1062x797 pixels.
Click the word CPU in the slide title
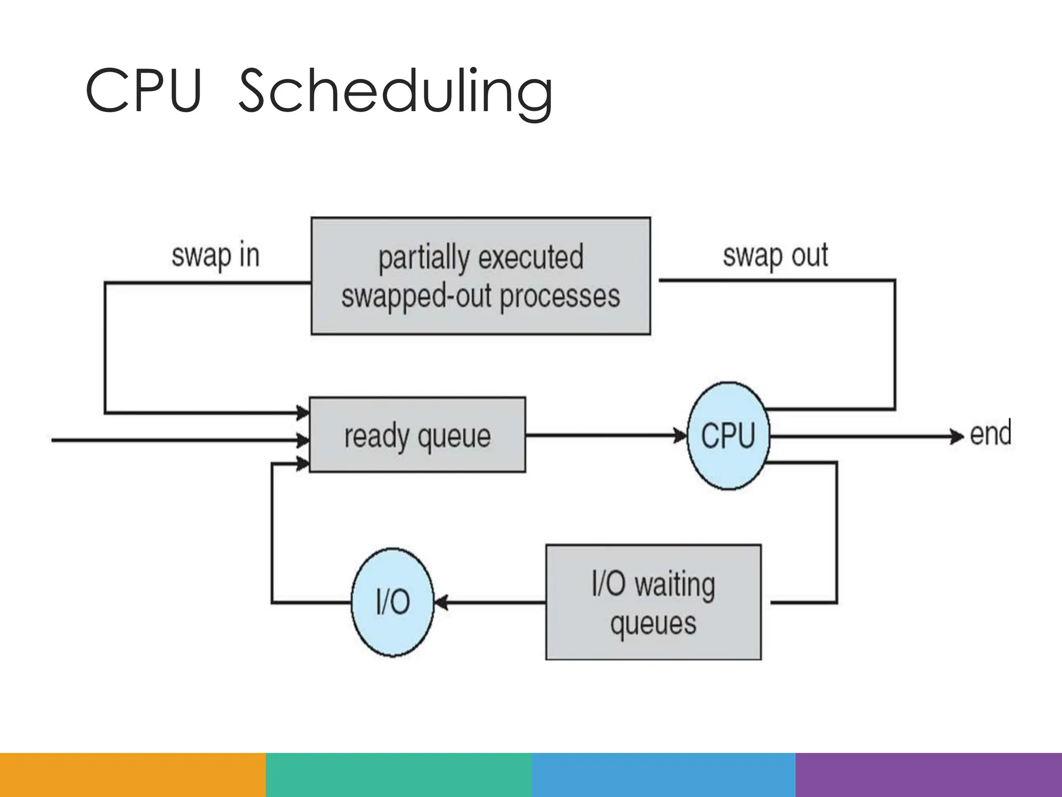click(143, 91)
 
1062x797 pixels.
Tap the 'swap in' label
click(215, 256)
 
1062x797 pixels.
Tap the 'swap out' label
click(775, 256)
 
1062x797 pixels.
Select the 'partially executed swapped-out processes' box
click(480, 276)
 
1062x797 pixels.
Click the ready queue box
click(417, 435)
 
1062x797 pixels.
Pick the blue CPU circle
click(728, 436)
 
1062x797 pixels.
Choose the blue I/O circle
click(393, 602)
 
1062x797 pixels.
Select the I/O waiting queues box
click(653, 602)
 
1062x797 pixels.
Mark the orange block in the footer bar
click(133, 775)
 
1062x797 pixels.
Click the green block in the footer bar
click(398, 775)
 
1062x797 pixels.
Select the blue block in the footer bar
click(664, 775)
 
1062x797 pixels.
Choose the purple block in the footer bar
click(928, 775)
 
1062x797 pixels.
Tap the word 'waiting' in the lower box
click(675, 584)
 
